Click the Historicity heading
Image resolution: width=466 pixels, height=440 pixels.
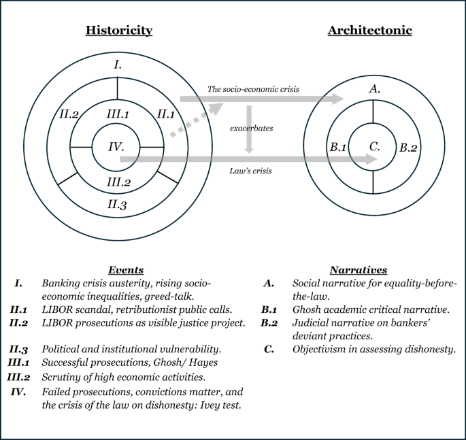(118, 30)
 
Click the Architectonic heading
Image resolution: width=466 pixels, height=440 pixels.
(369, 30)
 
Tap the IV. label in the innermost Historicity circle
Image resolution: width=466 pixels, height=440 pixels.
(117, 146)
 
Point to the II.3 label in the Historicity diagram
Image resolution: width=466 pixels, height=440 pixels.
(117, 203)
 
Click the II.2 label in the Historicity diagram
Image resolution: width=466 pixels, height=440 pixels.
(69, 114)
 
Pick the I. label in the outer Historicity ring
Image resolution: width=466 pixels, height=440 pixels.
(117, 65)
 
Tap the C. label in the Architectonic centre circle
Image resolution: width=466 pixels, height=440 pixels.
(373, 146)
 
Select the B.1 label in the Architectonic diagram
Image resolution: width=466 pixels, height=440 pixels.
(338, 146)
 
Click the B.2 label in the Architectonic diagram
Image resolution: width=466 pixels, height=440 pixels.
(408, 146)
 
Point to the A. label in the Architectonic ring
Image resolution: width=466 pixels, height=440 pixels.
(373, 88)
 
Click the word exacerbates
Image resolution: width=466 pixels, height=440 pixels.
(249, 128)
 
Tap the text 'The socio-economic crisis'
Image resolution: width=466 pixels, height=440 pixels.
(253, 89)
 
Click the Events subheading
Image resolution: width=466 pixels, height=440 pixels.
(126, 270)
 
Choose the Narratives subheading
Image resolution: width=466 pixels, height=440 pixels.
(359, 270)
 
